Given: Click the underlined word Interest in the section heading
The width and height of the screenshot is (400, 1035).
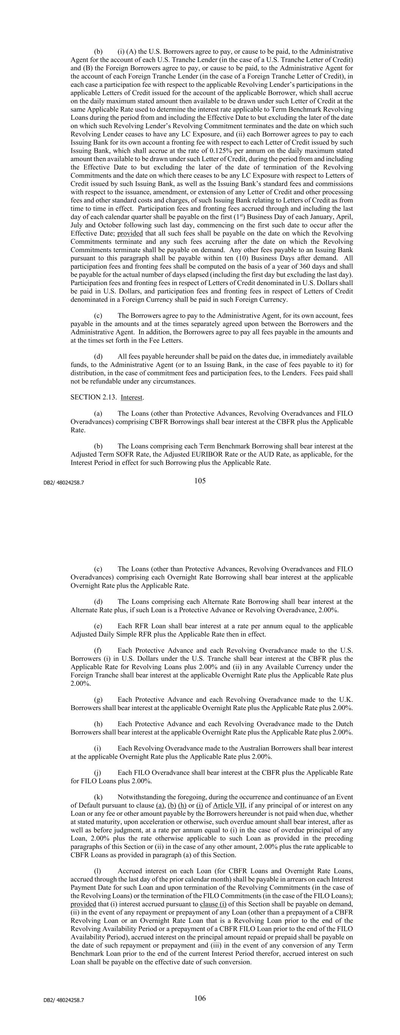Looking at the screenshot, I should [132, 397].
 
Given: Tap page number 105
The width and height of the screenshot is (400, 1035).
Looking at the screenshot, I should [200, 481].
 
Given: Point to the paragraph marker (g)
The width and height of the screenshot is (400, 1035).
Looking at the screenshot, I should [98, 699].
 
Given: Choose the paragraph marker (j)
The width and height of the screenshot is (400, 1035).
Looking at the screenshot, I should [98, 773].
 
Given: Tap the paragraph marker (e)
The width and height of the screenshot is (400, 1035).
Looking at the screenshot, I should [98, 626].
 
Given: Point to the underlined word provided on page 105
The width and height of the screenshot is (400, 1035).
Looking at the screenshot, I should [130, 234].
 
